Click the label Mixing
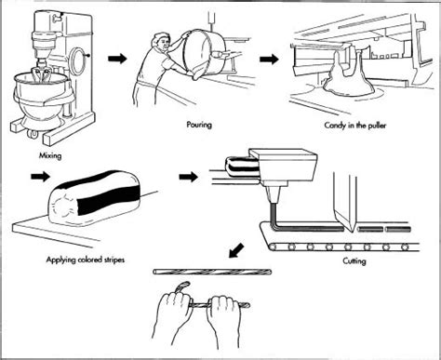click(50, 155)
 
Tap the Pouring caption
click(199, 125)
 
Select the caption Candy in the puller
click(354, 126)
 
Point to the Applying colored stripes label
click(86, 260)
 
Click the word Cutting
click(354, 261)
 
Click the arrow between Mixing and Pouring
click(117, 58)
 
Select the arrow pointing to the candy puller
click(269, 59)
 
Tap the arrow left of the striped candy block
click(40, 177)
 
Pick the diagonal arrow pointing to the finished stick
click(236, 250)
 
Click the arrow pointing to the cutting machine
click(188, 177)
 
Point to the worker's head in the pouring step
click(161, 43)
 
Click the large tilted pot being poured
click(205, 54)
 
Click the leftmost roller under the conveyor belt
click(274, 247)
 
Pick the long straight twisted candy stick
click(212, 272)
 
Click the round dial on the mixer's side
click(76, 58)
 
